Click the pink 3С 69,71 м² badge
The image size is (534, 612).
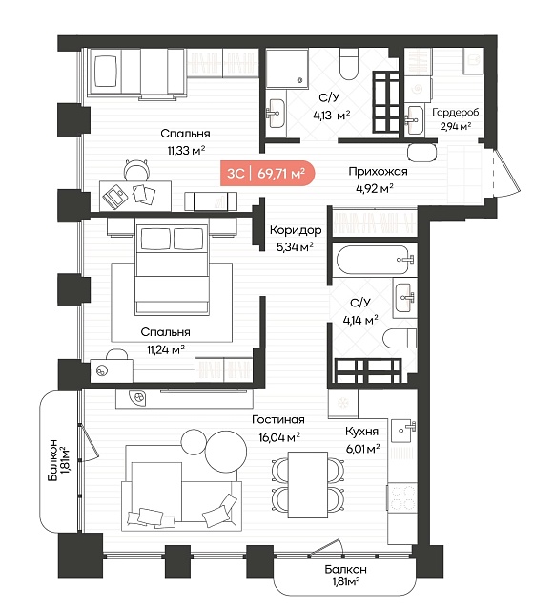pyautogui.click(x=267, y=173)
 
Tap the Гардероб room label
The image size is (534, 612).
pyautogui.click(x=455, y=113)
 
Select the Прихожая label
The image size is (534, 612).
pyautogui.click(x=378, y=171)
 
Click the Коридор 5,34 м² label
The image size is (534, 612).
pyautogui.click(x=296, y=238)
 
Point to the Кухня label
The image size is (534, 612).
pyautogui.click(x=361, y=432)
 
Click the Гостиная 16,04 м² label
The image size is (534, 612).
pyautogui.click(x=278, y=428)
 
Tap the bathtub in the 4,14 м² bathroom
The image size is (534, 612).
pyautogui.click(x=375, y=260)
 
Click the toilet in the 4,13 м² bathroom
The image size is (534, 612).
pyautogui.click(x=348, y=64)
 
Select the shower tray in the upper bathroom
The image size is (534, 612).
pyautogui.click(x=287, y=68)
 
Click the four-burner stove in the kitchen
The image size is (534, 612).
pyautogui.click(x=402, y=496)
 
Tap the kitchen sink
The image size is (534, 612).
pyautogui.click(x=403, y=431)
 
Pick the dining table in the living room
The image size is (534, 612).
pyautogui.click(x=308, y=484)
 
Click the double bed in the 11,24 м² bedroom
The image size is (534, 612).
pyautogui.click(x=172, y=269)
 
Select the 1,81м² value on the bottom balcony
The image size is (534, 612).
pyautogui.click(x=346, y=582)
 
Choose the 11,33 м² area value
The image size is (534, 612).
pyautogui.click(x=186, y=150)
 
